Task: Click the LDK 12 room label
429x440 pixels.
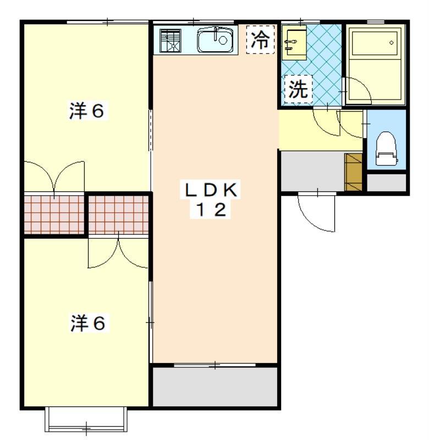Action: click(211, 200)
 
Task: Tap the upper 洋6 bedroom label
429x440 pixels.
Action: click(86, 111)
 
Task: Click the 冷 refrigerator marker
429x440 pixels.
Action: click(260, 40)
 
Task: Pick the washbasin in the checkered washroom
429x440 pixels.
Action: click(295, 42)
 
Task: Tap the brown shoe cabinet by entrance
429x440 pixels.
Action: click(353, 172)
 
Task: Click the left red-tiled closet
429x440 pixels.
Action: click(55, 213)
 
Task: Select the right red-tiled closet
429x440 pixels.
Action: click(118, 213)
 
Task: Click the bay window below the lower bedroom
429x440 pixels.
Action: click(86, 419)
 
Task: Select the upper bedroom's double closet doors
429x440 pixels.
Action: click(54, 176)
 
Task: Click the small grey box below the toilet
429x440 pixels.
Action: click(387, 183)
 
